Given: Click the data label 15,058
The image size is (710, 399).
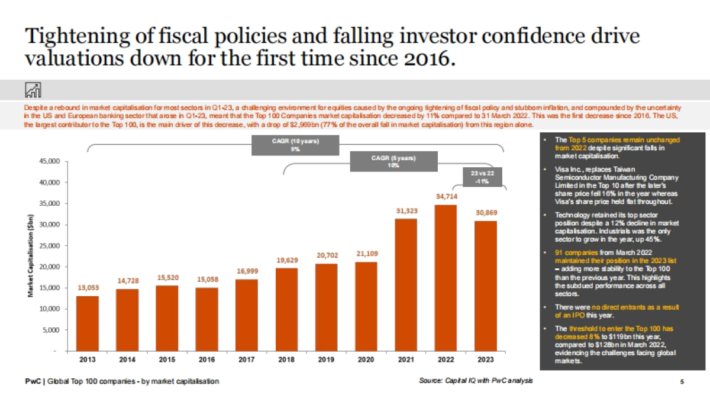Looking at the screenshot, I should tap(207, 278).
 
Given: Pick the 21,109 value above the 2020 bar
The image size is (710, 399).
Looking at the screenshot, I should tap(367, 254).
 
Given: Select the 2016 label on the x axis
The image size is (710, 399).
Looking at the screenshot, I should tap(207, 359).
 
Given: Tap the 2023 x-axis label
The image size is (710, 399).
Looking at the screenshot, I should tap(486, 359).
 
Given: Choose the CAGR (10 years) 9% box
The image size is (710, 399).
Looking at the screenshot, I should tap(295, 145).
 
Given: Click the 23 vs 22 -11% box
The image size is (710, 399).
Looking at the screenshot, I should tap(479, 177).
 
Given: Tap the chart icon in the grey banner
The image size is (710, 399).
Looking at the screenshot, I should tap(33, 90).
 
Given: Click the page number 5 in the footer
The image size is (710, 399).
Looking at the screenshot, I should tap(682, 382).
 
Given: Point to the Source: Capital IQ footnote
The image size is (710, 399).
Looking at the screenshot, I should tap(475, 381).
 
